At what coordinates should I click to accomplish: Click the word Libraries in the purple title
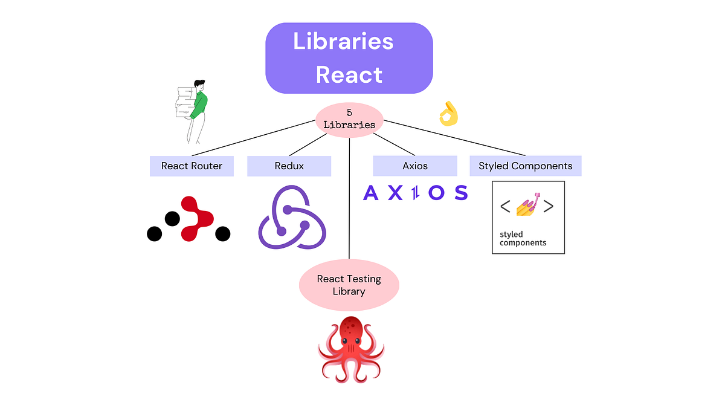tap(343, 42)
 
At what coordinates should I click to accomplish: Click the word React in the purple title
tap(349, 76)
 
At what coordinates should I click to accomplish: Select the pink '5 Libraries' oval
tap(349, 119)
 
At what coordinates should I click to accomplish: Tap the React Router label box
tap(192, 166)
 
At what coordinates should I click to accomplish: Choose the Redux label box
tap(289, 166)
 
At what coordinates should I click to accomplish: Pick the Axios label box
tap(414, 166)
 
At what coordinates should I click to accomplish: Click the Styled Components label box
tap(525, 166)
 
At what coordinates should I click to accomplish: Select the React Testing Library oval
tap(349, 285)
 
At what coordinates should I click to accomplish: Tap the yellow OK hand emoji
tap(448, 114)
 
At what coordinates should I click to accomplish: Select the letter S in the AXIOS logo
tap(460, 193)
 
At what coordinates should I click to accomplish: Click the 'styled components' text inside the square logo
tap(523, 238)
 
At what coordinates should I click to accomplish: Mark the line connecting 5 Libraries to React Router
tap(254, 138)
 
